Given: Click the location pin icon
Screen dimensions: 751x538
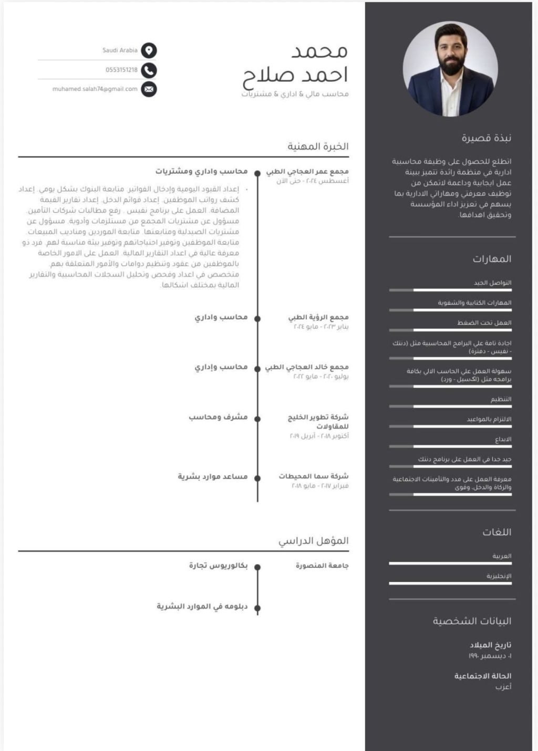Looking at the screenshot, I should (149, 50).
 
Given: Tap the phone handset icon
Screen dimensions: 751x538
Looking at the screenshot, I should (149, 70).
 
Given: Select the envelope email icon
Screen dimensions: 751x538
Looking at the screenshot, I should (149, 89).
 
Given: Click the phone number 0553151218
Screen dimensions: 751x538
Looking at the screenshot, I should (121, 70).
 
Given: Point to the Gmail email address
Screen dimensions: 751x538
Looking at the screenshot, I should (95, 89).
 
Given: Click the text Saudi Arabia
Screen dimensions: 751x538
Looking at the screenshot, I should (120, 50).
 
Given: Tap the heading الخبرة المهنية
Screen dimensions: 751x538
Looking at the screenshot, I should (318, 147).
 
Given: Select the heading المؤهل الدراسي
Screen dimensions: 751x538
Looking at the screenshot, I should (314, 541).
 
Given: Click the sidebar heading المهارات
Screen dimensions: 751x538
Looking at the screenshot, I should (492, 259).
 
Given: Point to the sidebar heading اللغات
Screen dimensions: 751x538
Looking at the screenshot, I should (496, 532).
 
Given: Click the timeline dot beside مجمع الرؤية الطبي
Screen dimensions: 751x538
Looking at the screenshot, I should (257, 318).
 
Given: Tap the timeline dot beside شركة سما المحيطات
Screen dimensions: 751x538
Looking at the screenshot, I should (257, 478).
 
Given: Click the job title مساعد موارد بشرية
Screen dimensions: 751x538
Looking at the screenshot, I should (213, 476).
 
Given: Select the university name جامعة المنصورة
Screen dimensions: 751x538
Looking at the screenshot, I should (322, 566).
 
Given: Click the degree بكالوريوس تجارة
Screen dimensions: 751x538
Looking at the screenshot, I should (218, 566).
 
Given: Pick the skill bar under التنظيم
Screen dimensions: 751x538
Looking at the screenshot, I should (450, 406).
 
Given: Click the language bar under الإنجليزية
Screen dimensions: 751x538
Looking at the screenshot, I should (450, 583).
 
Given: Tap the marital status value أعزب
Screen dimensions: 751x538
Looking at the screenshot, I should (503, 687).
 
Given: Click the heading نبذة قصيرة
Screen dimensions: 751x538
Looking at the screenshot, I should (487, 138).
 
